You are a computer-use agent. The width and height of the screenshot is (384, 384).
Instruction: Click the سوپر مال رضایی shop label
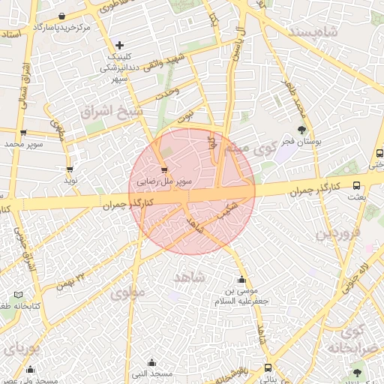click(x=164, y=181)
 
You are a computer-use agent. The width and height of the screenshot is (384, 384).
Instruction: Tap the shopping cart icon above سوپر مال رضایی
click(x=164, y=171)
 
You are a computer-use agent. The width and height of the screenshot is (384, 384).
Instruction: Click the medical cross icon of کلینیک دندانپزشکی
click(x=119, y=46)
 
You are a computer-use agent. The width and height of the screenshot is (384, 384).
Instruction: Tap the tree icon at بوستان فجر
click(x=301, y=129)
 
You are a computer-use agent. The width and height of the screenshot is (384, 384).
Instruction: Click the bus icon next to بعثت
click(x=356, y=185)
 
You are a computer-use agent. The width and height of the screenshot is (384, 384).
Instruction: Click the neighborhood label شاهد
click(x=189, y=277)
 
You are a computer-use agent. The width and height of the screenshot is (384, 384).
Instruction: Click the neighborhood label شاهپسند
click(x=335, y=32)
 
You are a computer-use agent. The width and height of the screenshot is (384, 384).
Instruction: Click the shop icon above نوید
click(x=70, y=169)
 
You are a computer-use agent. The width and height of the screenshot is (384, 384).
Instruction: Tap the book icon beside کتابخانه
click(x=18, y=295)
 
